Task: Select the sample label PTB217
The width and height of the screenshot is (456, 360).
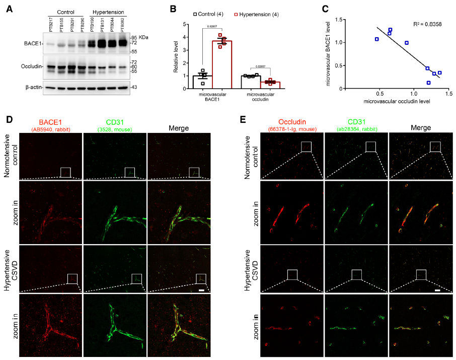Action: [50, 23]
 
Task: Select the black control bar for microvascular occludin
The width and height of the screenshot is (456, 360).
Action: [250, 82]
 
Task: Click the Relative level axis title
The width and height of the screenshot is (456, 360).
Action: [176, 56]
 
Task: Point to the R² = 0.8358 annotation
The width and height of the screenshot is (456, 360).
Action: [424, 24]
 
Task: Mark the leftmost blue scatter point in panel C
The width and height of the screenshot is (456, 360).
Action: [377, 39]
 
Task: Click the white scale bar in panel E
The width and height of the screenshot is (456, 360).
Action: [437, 291]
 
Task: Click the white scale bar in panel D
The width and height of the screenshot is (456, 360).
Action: [201, 291]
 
